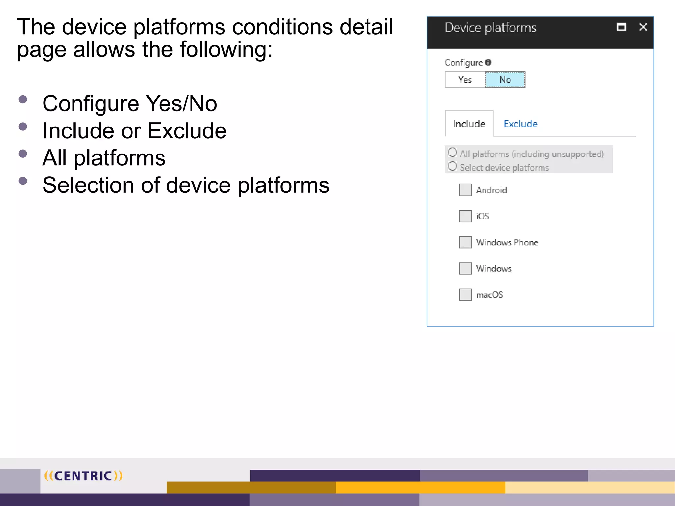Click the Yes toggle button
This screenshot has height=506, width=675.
tap(465, 80)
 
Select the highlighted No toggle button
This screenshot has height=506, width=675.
tap(505, 80)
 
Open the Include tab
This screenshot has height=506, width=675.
tap(469, 124)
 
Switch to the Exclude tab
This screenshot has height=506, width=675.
tap(520, 124)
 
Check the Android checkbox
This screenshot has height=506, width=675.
tap(465, 190)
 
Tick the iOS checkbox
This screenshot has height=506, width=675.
tap(465, 216)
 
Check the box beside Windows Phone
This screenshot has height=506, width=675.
tap(465, 242)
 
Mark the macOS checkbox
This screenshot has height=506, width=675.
tap(465, 295)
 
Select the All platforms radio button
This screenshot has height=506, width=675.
tap(453, 153)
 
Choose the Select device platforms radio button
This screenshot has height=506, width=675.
tap(453, 166)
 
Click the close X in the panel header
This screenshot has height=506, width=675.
tap(643, 27)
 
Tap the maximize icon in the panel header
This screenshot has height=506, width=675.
tap(621, 27)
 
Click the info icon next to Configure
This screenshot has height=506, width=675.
tap(488, 62)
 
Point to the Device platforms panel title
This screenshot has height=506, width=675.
tap(490, 28)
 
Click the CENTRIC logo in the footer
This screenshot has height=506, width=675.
tap(83, 476)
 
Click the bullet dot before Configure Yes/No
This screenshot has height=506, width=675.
tap(23, 99)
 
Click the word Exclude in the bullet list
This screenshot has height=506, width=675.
tap(187, 131)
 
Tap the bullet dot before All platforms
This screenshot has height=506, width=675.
tap(23, 154)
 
